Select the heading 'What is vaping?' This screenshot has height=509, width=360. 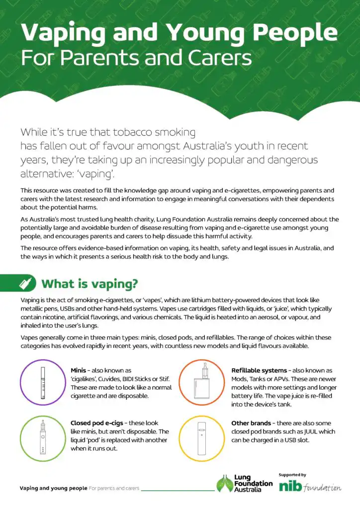coord(90,284)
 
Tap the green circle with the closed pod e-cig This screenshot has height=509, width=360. coord(41,437)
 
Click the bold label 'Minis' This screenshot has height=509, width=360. coord(81,370)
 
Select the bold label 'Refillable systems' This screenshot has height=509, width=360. coord(259,370)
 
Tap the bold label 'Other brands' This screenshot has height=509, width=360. coord(251,423)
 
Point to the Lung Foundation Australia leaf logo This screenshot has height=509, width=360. coord(224,483)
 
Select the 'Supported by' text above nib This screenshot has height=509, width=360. coord(292,475)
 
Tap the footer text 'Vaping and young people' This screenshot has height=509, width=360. coord(53,488)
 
